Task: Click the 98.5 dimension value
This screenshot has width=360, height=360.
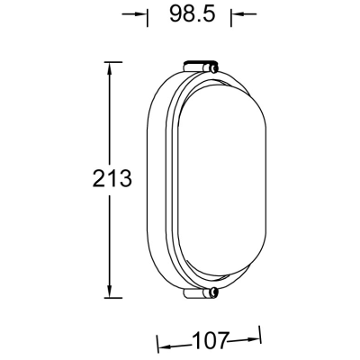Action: pyautogui.click(x=189, y=14)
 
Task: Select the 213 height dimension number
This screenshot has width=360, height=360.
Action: pyautogui.click(x=112, y=178)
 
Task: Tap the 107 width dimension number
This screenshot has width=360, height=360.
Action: pyautogui.click(x=209, y=341)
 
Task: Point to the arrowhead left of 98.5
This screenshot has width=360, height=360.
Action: pyautogui.click(x=140, y=14)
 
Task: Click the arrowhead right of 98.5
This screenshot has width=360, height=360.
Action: pyautogui.click(x=237, y=14)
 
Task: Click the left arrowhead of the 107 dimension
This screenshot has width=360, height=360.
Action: pyautogui.click(x=163, y=341)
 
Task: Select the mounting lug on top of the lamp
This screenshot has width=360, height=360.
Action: pyautogui.click(x=201, y=66)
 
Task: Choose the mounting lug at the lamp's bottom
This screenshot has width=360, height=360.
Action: pyautogui.click(x=201, y=292)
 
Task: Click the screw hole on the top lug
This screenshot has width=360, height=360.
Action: pyautogui.click(x=213, y=66)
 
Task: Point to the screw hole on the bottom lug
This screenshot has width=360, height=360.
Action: pyautogui.click(x=213, y=292)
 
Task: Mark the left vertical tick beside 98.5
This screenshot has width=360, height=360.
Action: pyautogui.click(x=147, y=14)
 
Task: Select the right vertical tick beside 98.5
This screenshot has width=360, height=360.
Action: pyautogui.click(x=231, y=14)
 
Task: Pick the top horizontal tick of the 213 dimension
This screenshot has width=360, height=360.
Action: pyautogui.click(x=109, y=61)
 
